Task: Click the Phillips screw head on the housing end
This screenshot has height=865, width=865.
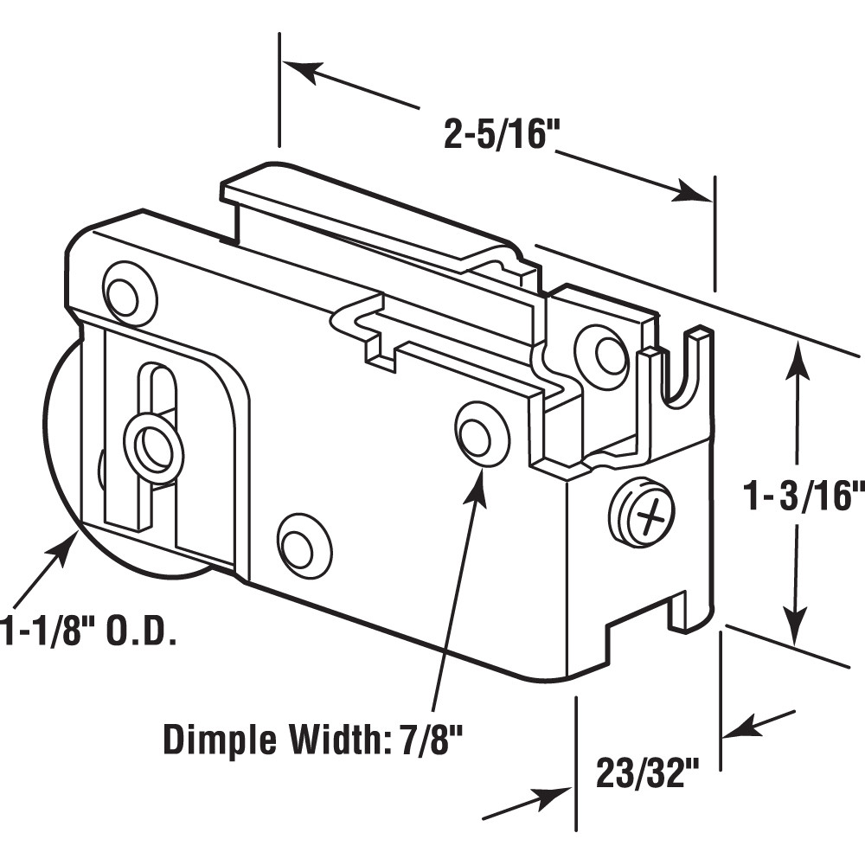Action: coord(641,515)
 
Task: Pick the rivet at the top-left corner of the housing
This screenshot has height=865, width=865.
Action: coord(128,293)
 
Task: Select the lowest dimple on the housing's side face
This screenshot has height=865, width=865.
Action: coord(304,545)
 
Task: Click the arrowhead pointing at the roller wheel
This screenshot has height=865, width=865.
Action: coord(68,547)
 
